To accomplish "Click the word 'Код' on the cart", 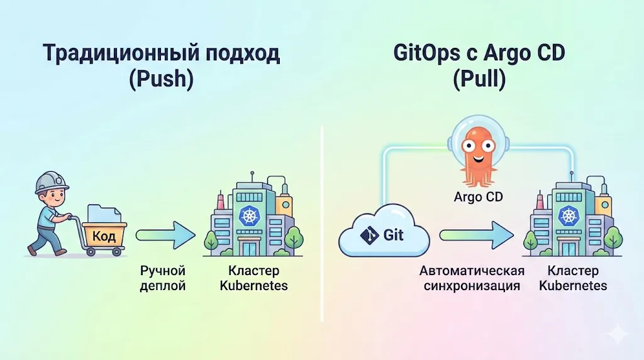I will pyautogui.click(x=103, y=236).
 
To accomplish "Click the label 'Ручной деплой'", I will pyautogui.click(x=164, y=278).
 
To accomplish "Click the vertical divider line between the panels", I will pyautogui.click(x=321, y=220).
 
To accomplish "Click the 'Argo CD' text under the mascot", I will pyautogui.click(x=479, y=197).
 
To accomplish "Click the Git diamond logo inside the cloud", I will pyautogui.click(x=368, y=235).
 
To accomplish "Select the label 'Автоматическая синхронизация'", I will pyautogui.click(x=472, y=278).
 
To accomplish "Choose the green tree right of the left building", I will pyautogui.click(x=294, y=238).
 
